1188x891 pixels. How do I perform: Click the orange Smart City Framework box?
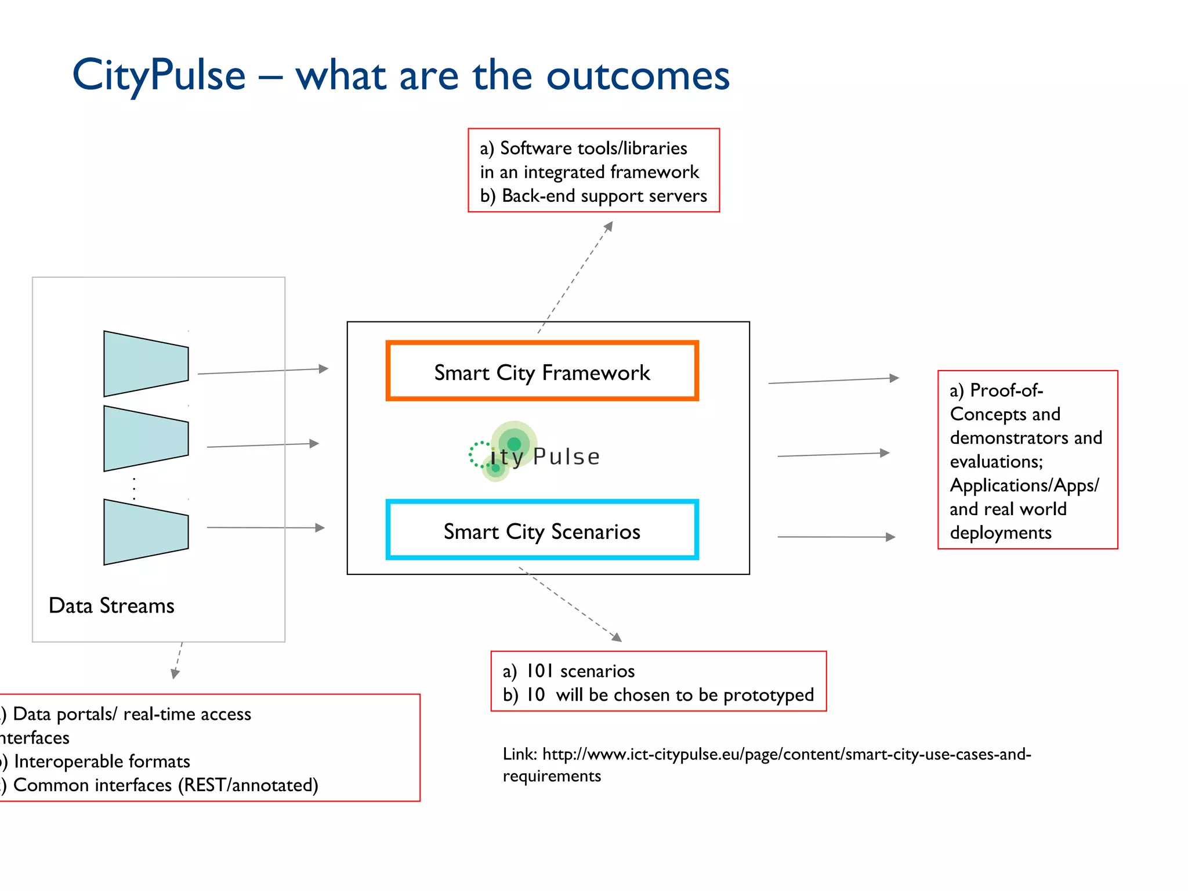click(x=542, y=371)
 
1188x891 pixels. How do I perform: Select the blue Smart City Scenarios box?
click(x=542, y=530)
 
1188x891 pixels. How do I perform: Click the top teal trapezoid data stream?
click(x=145, y=364)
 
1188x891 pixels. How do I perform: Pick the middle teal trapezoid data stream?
click(x=145, y=439)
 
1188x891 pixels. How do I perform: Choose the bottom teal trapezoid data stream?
click(x=145, y=532)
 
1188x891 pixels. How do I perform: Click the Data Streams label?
click(x=111, y=606)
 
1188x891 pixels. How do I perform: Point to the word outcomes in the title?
click(x=638, y=76)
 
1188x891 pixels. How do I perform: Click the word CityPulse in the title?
click(x=159, y=76)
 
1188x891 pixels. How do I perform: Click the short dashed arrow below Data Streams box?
click(x=178, y=661)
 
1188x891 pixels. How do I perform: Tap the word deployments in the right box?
click(x=1000, y=533)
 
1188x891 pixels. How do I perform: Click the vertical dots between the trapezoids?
click(x=135, y=488)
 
